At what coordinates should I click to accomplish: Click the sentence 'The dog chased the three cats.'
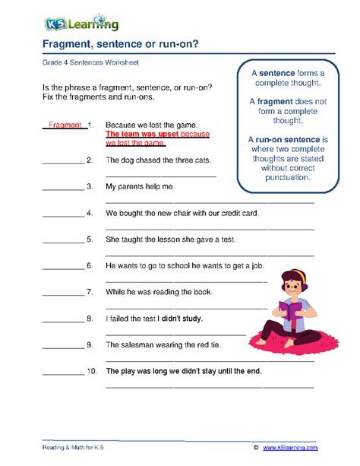[158, 160]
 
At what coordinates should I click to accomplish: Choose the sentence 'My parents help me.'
[140, 186]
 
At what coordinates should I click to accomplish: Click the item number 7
[90, 292]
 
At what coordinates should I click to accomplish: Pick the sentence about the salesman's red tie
[163, 344]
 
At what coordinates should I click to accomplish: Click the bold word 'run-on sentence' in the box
[292, 140]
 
